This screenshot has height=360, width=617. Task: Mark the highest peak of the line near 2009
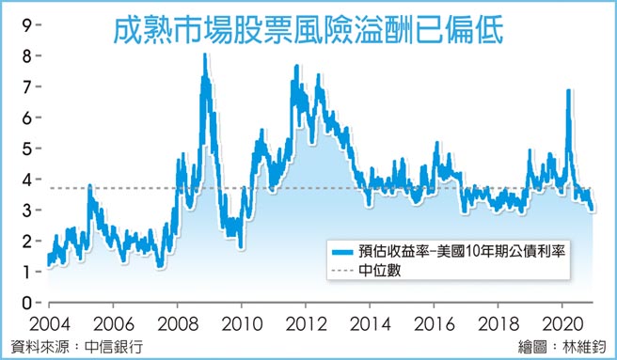[204, 56]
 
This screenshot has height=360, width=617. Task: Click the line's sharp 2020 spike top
[569, 91]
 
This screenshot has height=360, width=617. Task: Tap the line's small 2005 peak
[89, 186]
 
